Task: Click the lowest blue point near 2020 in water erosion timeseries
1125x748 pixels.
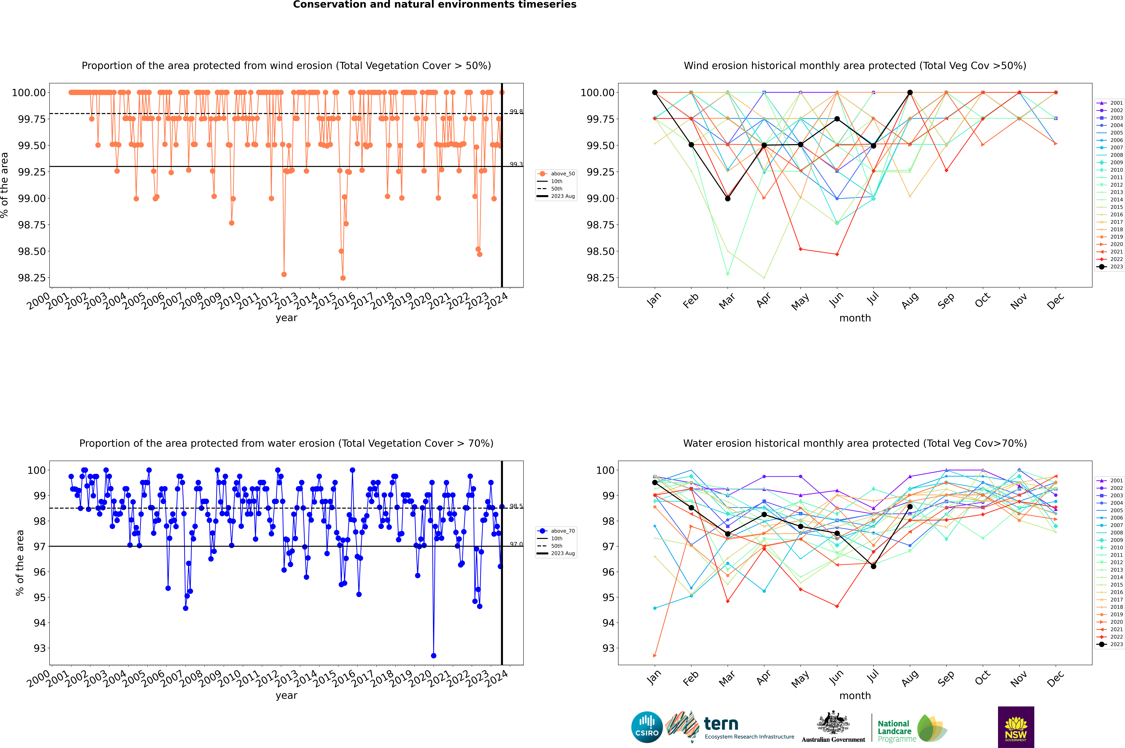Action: tap(434, 655)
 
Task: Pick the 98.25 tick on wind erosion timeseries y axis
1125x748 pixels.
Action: tap(32, 278)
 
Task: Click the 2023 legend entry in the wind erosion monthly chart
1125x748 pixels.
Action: tap(1111, 267)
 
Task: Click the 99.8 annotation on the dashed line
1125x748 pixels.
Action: tap(516, 112)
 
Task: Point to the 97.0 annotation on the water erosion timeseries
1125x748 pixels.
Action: tap(516, 544)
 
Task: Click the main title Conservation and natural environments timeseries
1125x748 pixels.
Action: tap(434, 5)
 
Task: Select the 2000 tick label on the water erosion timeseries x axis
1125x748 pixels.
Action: tap(38, 679)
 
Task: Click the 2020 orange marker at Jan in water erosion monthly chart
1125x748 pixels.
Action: tap(655, 655)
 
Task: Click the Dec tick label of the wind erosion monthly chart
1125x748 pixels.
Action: tap(1055, 301)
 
